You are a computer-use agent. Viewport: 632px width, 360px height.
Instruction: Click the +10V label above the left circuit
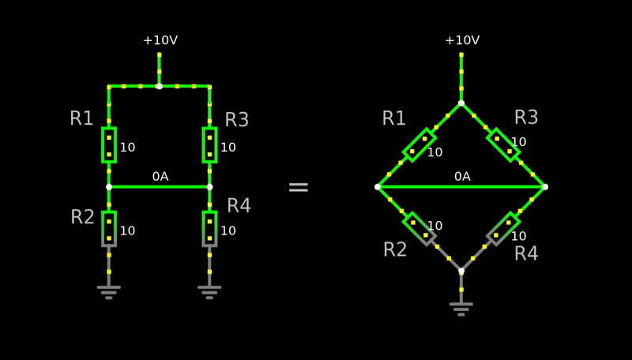click(160, 40)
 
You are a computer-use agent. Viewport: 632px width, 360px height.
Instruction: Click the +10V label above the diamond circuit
click(462, 40)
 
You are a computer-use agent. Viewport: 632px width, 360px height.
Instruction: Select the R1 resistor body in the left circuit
click(109, 145)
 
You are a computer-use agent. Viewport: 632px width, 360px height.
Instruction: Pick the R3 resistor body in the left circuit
click(209, 145)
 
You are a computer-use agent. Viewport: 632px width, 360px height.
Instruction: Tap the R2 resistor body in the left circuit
click(109, 229)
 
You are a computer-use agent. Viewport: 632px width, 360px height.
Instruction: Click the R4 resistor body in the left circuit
click(209, 229)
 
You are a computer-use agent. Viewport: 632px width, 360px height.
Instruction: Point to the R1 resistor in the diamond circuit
click(419, 145)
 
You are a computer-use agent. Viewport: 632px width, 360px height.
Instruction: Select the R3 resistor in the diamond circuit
click(503, 145)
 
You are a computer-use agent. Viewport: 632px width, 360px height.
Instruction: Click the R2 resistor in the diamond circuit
click(419, 229)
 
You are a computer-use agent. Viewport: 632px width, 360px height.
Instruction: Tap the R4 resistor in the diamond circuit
click(503, 229)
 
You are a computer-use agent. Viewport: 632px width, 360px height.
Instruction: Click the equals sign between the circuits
click(299, 187)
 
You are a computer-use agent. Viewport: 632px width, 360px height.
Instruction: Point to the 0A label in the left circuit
click(160, 176)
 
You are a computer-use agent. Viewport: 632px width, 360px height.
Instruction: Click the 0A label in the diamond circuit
click(462, 176)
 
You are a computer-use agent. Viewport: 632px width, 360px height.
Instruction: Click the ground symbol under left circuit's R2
click(109, 292)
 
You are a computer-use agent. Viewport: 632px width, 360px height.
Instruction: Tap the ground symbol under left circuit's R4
click(209, 292)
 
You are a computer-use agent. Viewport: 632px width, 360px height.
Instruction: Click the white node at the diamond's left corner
click(378, 187)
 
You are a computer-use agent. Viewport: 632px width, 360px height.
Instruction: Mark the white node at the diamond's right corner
click(545, 187)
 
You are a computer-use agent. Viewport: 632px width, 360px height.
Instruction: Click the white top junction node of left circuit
click(160, 86)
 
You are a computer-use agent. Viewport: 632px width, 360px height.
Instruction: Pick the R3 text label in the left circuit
click(236, 119)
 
